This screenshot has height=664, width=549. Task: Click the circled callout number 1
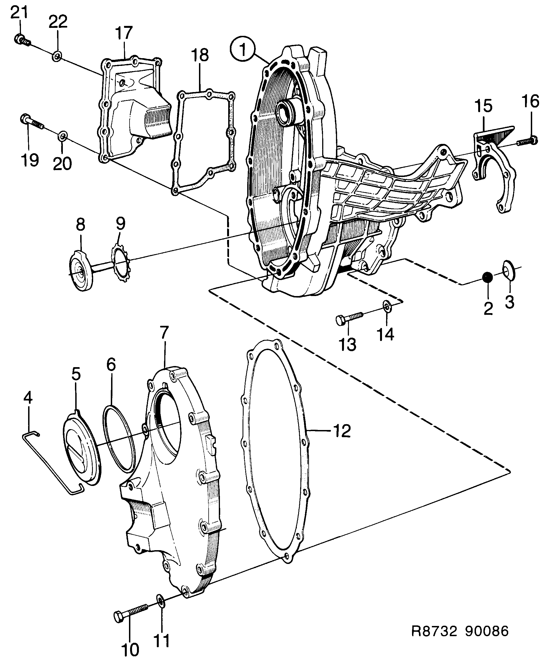click(x=243, y=50)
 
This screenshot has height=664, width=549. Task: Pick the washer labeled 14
click(x=386, y=307)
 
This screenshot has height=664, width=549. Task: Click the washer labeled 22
click(x=56, y=57)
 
